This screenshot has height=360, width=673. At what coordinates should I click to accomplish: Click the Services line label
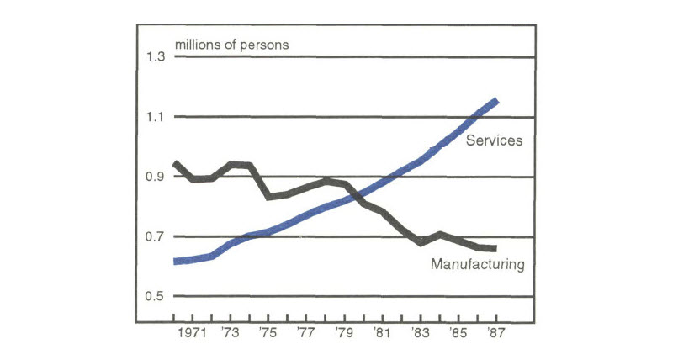495,140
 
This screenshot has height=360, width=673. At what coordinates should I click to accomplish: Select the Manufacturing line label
477,265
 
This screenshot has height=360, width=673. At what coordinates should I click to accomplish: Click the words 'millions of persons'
231,44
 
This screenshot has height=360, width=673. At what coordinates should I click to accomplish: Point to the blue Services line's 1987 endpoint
497,101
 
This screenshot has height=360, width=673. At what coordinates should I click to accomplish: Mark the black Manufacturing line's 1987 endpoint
495,248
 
